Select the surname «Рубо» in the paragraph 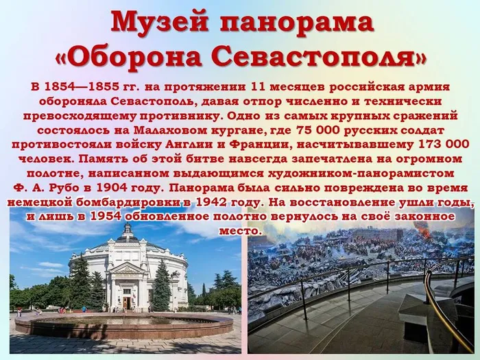click(x=76, y=187)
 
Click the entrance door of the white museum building click(x=126, y=301)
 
